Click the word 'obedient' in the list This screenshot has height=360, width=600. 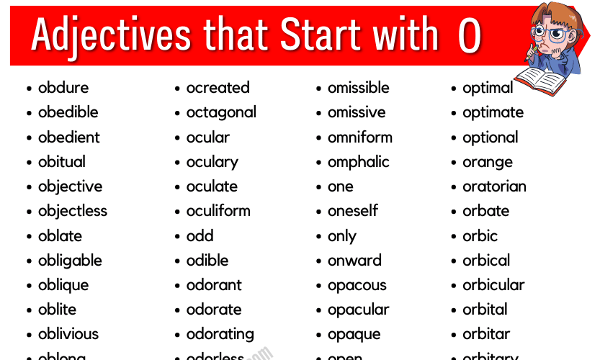(x=68, y=137)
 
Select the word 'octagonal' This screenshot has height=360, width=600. (x=221, y=113)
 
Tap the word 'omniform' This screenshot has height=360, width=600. (x=359, y=137)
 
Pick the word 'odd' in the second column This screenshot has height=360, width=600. (x=200, y=235)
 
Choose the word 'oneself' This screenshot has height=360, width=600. (x=352, y=211)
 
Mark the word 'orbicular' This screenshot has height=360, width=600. (x=493, y=284)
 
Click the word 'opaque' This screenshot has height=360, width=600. (x=354, y=335)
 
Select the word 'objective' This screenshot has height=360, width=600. (x=70, y=186)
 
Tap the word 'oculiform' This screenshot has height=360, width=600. (x=218, y=211)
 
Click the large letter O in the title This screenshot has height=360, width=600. (x=469, y=35)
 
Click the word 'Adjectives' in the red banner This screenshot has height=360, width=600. (x=111, y=35)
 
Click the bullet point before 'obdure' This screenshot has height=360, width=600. (x=30, y=89)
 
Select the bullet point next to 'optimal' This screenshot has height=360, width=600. (x=455, y=89)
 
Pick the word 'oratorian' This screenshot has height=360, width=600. (x=494, y=186)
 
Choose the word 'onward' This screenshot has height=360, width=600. (x=354, y=261)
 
